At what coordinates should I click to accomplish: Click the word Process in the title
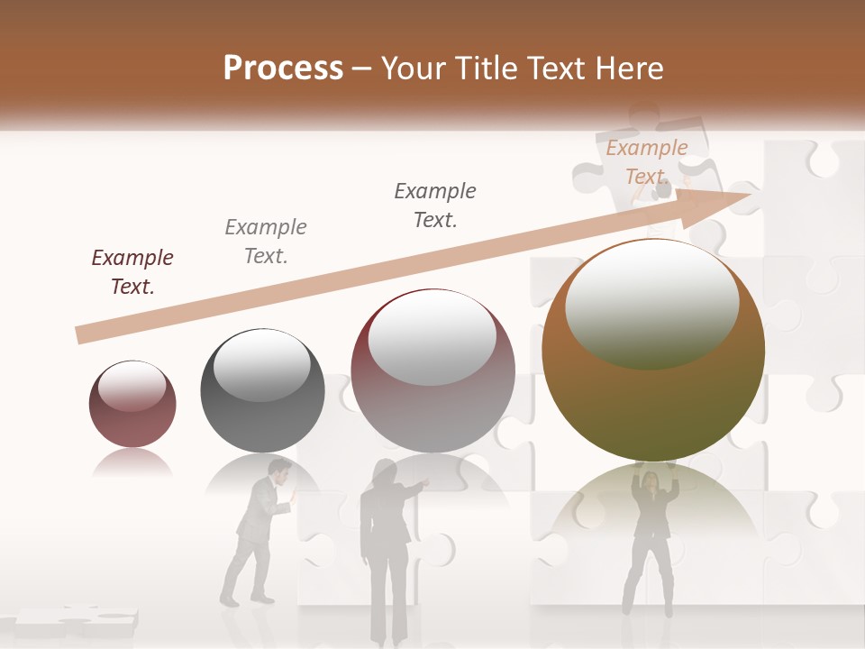pyautogui.click(x=283, y=69)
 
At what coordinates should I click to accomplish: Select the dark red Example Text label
pyautogui.click(x=132, y=272)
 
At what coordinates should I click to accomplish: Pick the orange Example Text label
pyautogui.click(x=646, y=162)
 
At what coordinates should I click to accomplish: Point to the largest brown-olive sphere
pyautogui.click(x=652, y=361)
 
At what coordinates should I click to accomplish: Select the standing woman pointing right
pyautogui.click(x=385, y=550)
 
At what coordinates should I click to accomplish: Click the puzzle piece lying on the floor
pyautogui.click(x=76, y=620)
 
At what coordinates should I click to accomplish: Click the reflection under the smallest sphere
pyautogui.click(x=132, y=463)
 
